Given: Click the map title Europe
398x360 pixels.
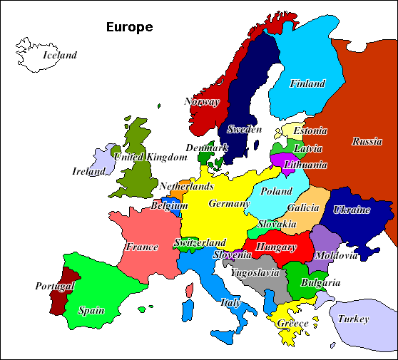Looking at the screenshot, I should [x=129, y=28].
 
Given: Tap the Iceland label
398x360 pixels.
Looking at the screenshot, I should [x=59, y=55].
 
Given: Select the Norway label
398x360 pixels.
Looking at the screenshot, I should [x=202, y=102].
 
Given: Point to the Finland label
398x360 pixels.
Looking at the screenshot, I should [x=307, y=84].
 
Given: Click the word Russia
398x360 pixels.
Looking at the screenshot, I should [x=367, y=141].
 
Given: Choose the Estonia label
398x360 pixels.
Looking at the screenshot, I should [x=310, y=131].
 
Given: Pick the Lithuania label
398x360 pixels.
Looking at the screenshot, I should [x=305, y=165].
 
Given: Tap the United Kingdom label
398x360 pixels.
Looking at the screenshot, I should [x=149, y=157].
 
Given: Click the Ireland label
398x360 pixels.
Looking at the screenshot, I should [x=89, y=171].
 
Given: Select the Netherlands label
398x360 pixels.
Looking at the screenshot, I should [x=186, y=187].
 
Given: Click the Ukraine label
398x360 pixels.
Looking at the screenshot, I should [x=352, y=210].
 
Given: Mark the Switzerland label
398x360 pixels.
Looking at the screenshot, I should [x=200, y=243].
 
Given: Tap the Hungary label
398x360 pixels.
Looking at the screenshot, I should [x=276, y=247].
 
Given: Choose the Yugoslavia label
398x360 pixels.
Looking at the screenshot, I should [x=254, y=272].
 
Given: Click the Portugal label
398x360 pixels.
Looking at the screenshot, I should [x=55, y=287].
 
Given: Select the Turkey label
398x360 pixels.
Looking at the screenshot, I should [x=353, y=319].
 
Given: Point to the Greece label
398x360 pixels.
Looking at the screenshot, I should [x=292, y=324].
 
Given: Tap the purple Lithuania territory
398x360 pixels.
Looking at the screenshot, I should [x=283, y=158].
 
